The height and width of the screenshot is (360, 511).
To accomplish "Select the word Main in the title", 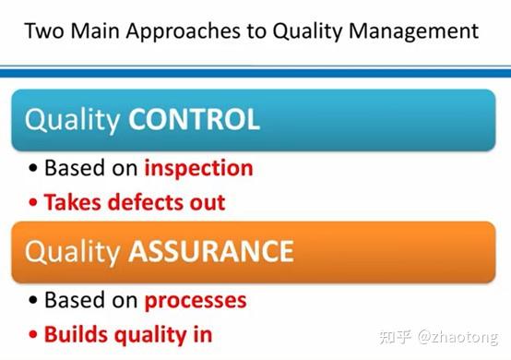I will (97, 30).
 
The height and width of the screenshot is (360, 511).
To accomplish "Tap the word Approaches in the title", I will (180, 30).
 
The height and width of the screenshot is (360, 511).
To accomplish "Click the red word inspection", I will (198, 169).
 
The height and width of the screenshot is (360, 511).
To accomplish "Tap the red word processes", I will (195, 301).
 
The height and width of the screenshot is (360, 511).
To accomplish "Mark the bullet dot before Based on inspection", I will (34, 170).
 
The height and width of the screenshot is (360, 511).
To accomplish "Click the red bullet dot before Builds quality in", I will (34, 334).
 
